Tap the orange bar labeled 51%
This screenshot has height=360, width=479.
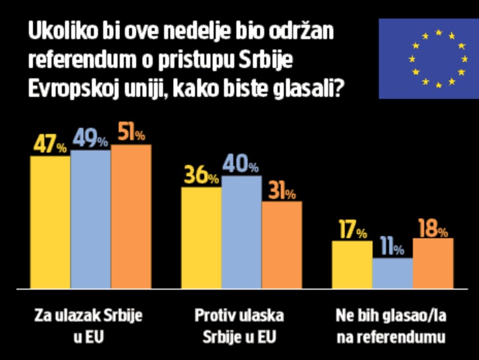pos(131,216)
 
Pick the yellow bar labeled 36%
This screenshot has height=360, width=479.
pos(201,237)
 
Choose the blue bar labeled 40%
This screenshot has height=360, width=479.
pos(241,232)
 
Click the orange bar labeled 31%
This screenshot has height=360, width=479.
pos(282,244)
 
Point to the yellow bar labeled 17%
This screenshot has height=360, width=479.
pos(352,264)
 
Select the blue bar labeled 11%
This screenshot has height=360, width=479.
pos(392,273)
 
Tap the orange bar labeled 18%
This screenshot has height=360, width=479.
pos(433,263)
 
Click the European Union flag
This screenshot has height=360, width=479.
pos(428,59)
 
